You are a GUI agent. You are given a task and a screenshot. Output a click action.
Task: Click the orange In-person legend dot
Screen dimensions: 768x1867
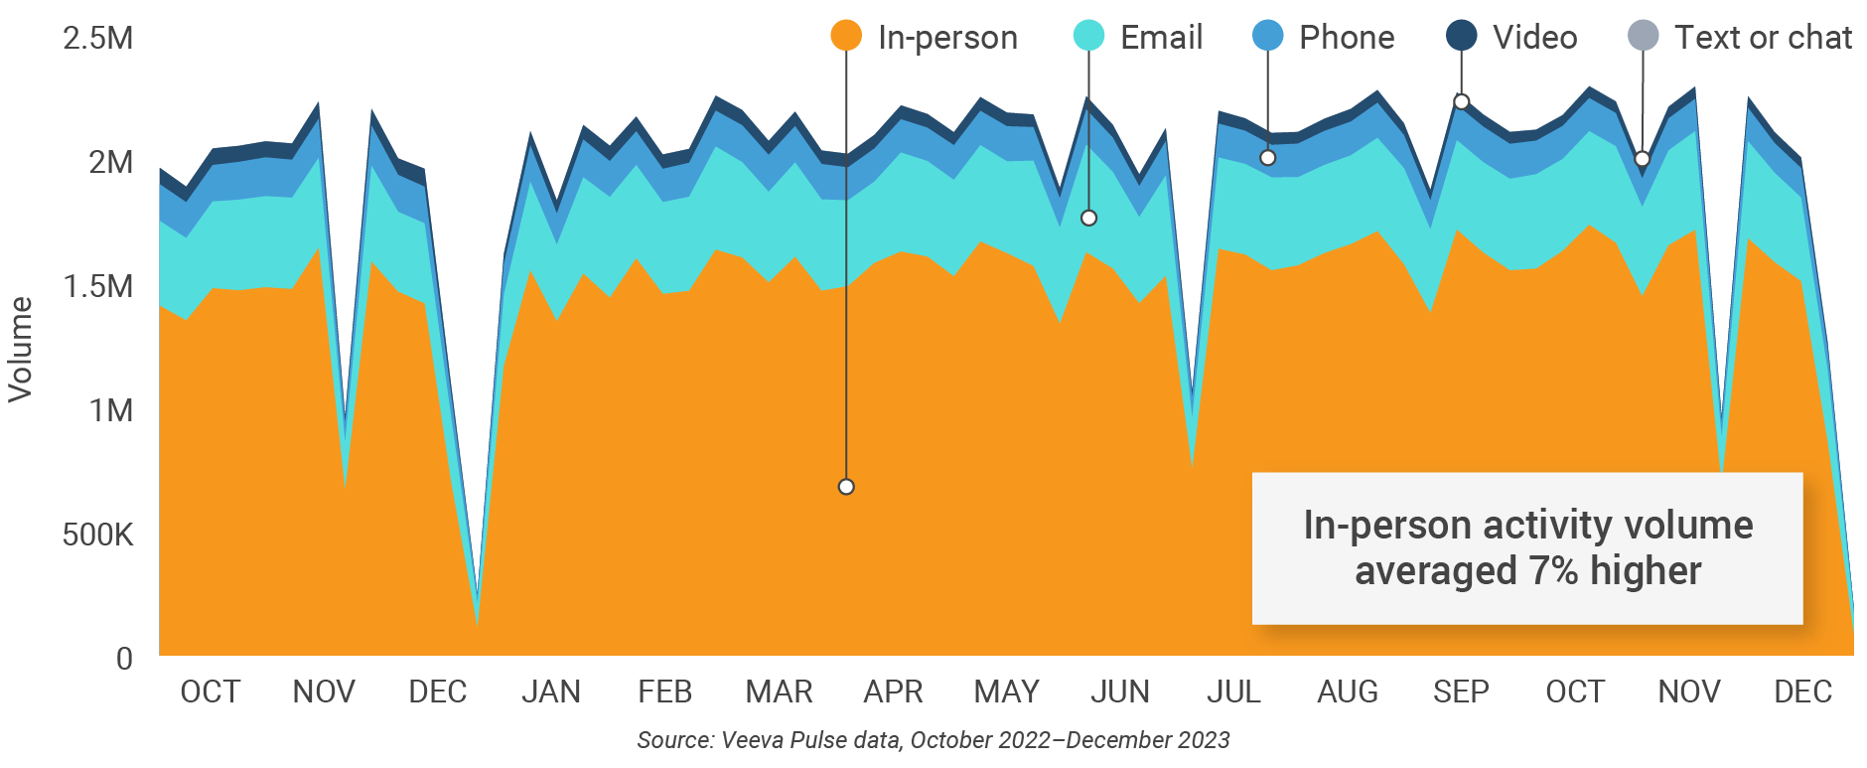pos(846,37)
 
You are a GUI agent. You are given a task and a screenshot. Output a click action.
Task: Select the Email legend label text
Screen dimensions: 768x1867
pos(1161,38)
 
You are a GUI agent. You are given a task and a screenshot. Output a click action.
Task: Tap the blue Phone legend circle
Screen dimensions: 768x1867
pos(1268,37)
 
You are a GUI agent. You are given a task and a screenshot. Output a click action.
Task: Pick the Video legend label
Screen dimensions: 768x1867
pos(1534,38)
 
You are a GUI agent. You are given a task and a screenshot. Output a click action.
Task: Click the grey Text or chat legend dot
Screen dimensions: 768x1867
pos(1644,37)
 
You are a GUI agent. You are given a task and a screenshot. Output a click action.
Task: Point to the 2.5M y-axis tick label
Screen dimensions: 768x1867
pos(97,39)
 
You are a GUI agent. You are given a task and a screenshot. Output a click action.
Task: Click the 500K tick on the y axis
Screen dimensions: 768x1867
pos(97,536)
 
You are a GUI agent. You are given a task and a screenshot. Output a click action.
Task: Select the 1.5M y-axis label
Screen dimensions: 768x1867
pos(97,287)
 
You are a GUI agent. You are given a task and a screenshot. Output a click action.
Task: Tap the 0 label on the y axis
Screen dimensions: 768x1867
pos(124,659)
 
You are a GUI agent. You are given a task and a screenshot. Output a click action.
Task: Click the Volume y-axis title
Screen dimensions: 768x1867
pos(21,349)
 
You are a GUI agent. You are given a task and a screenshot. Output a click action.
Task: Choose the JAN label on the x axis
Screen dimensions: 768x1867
pos(551,691)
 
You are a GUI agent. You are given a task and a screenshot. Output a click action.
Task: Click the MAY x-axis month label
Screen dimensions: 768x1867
pos(1006,691)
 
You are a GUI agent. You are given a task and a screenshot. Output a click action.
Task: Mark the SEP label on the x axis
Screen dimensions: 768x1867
pos(1461,691)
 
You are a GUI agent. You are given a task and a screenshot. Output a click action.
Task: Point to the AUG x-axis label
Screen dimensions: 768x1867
pos(1348,691)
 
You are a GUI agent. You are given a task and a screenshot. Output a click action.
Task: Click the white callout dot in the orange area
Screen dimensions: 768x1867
pos(846,487)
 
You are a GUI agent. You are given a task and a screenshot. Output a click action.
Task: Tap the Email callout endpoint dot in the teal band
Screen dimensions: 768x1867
pos(1088,218)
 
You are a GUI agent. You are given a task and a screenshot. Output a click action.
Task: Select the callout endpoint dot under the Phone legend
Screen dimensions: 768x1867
pos(1268,158)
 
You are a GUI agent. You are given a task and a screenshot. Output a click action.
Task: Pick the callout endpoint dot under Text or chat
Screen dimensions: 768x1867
pos(1643,159)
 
